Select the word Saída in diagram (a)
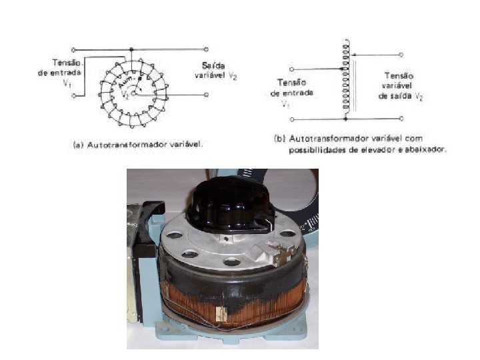click(215, 65)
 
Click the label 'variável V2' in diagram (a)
click(216, 77)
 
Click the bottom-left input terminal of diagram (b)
click(294, 119)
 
